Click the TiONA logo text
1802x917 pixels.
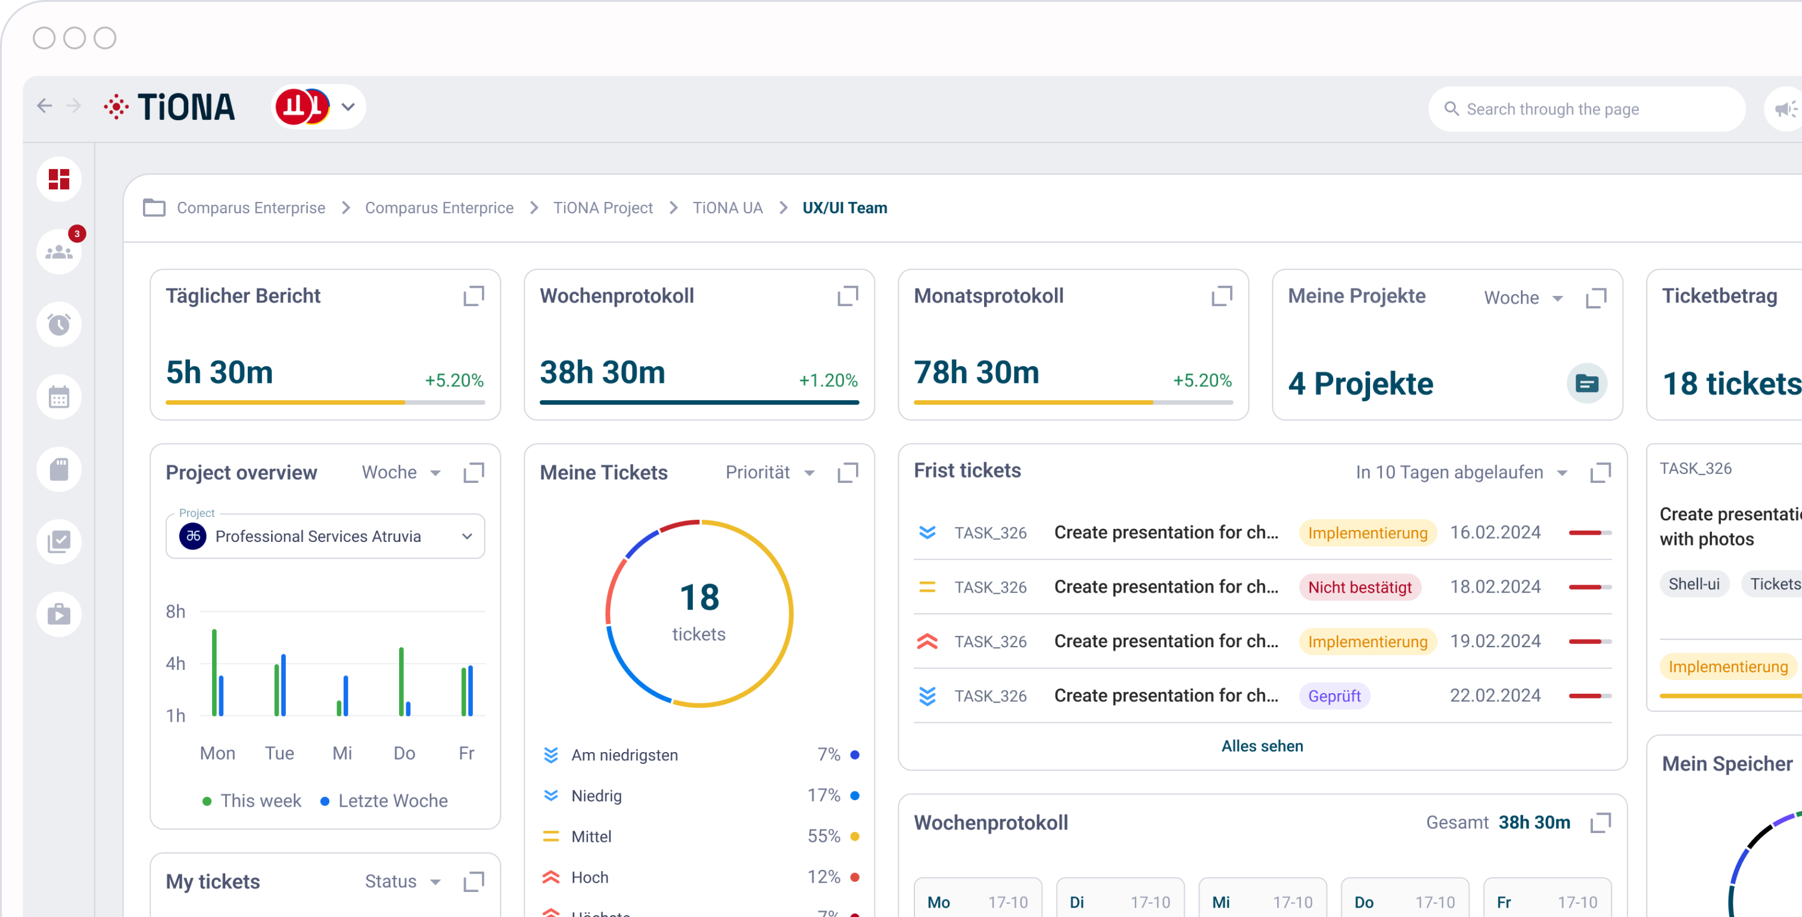click(185, 107)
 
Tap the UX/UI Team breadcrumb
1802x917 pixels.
click(844, 208)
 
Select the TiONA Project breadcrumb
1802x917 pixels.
click(602, 208)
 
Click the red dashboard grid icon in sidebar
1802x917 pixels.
click(60, 179)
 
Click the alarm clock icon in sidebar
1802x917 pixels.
click(60, 325)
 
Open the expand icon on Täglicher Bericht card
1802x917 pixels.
click(474, 296)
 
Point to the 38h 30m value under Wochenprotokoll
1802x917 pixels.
click(602, 372)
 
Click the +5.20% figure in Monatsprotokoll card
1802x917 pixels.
click(1202, 380)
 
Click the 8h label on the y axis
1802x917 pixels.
click(176, 612)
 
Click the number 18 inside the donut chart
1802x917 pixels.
click(699, 597)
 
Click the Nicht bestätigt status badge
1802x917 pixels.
click(1359, 588)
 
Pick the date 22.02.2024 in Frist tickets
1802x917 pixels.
click(1495, 695)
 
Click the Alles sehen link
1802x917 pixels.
click(1261, 746)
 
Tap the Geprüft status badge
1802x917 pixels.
click(1333, 696)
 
